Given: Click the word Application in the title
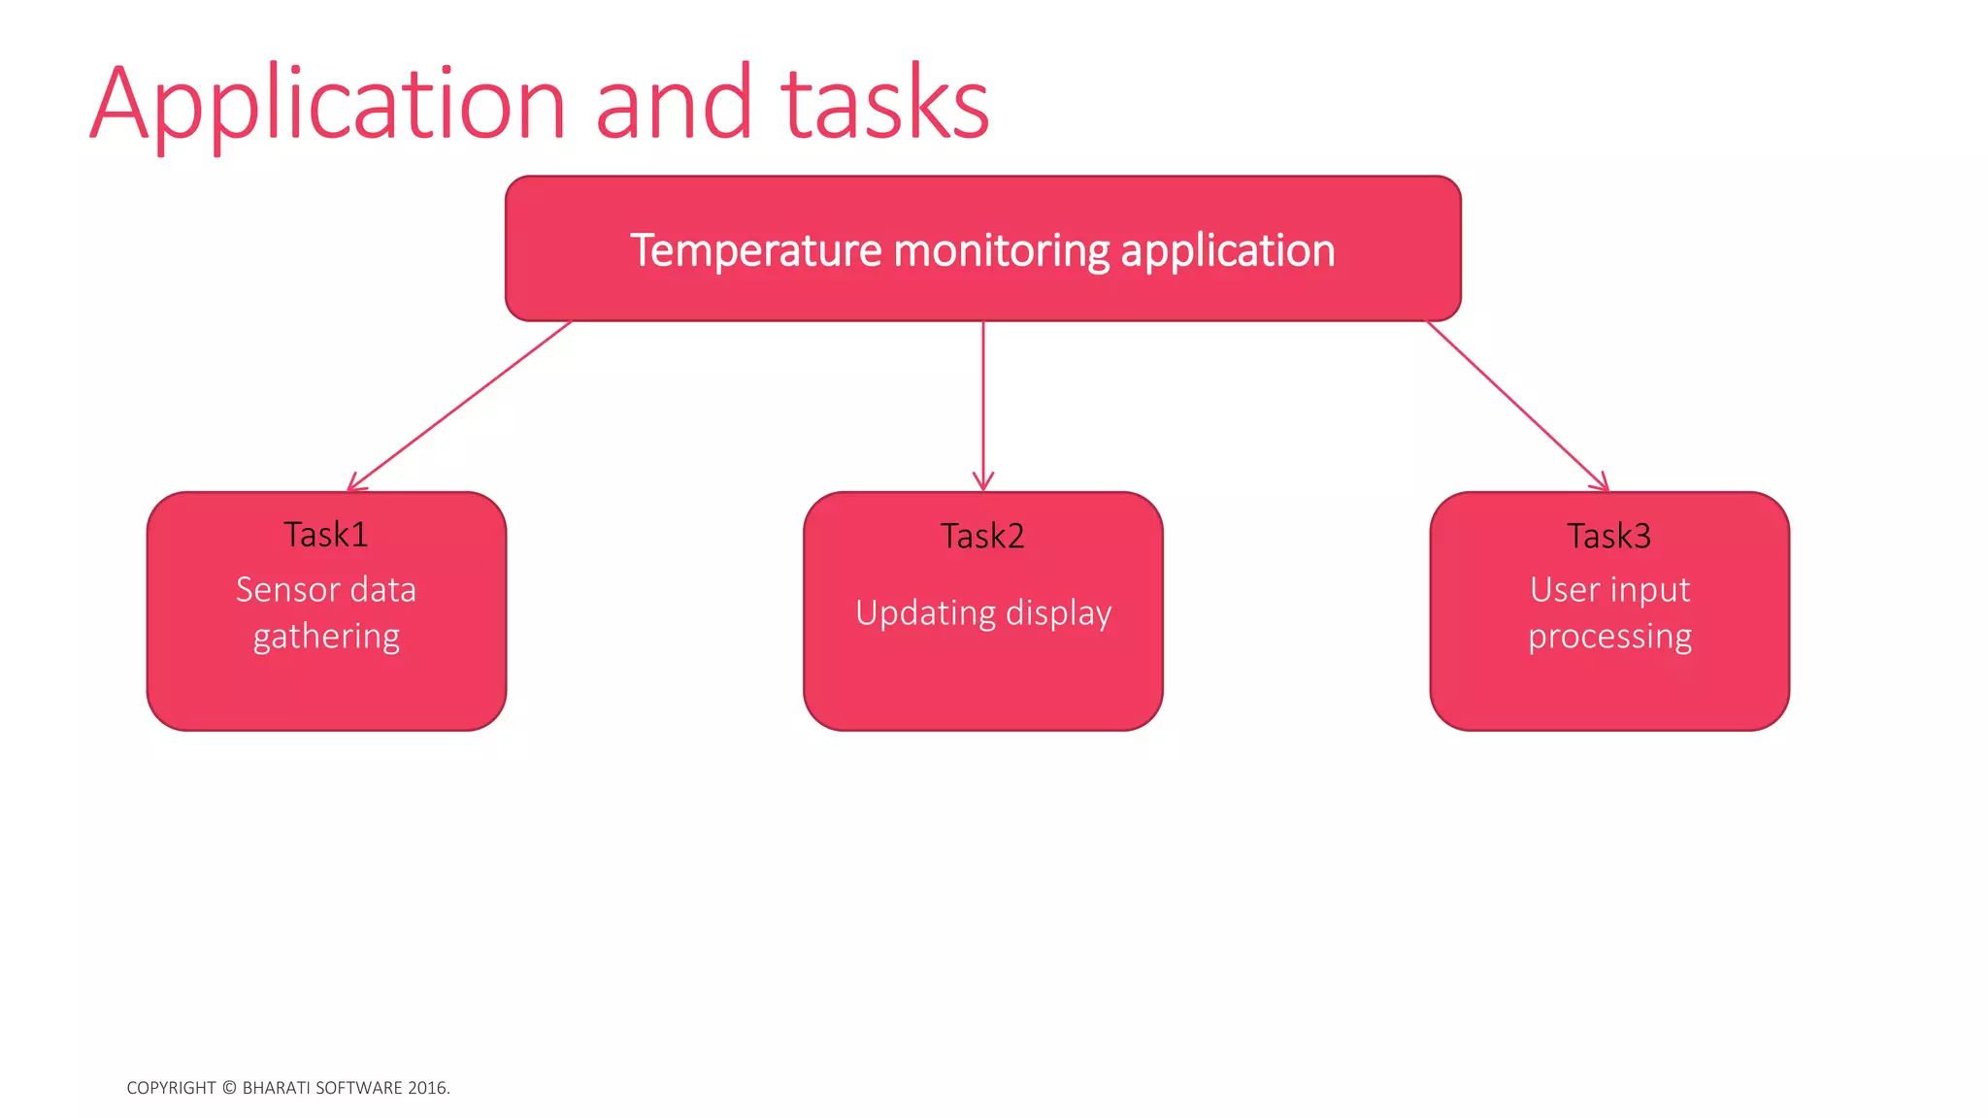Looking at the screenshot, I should coord(328,105).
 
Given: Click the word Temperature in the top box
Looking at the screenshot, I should coord(755,250).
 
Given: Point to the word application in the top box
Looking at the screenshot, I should coord(1228,250).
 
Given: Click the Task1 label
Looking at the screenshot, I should coord(326,535).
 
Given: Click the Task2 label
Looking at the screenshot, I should coord(982,537).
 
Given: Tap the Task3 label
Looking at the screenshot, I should coord(1608,537).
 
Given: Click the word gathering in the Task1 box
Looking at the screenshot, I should coord(326,638).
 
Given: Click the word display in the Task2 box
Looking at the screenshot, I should coord(1059,614).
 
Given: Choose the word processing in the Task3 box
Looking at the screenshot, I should coord(1609,638).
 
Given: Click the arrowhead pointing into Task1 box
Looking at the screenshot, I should coord(353,485).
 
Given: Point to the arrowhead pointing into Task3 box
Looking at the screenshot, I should coord(1602,484).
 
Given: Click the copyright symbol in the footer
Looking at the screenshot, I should coord(229,1088).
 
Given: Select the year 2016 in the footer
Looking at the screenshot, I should coord(427,1088).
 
